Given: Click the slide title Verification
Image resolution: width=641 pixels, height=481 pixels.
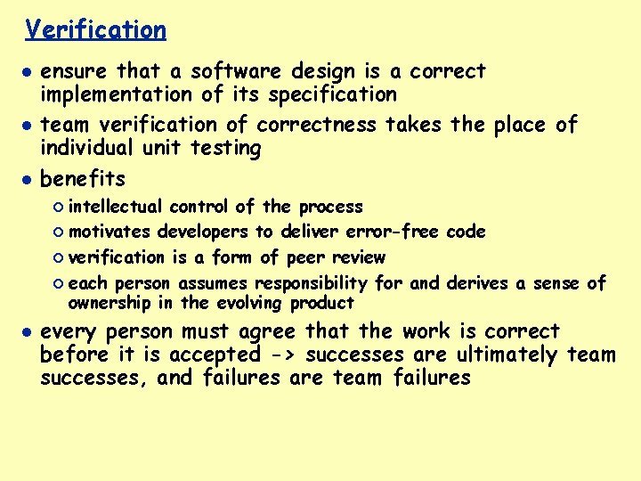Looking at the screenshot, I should [x=95, y=30].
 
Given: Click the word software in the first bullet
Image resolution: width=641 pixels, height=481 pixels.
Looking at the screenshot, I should [x=234, y=71].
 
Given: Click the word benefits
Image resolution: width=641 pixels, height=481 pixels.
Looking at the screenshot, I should [x=83, y=179].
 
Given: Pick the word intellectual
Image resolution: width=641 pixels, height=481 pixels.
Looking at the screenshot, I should [x=115, y=207].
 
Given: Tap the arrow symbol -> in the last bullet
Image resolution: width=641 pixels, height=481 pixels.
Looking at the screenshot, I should [x=278, y=355].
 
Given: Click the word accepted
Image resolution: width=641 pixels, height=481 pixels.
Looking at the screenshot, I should [x=214, y=355].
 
